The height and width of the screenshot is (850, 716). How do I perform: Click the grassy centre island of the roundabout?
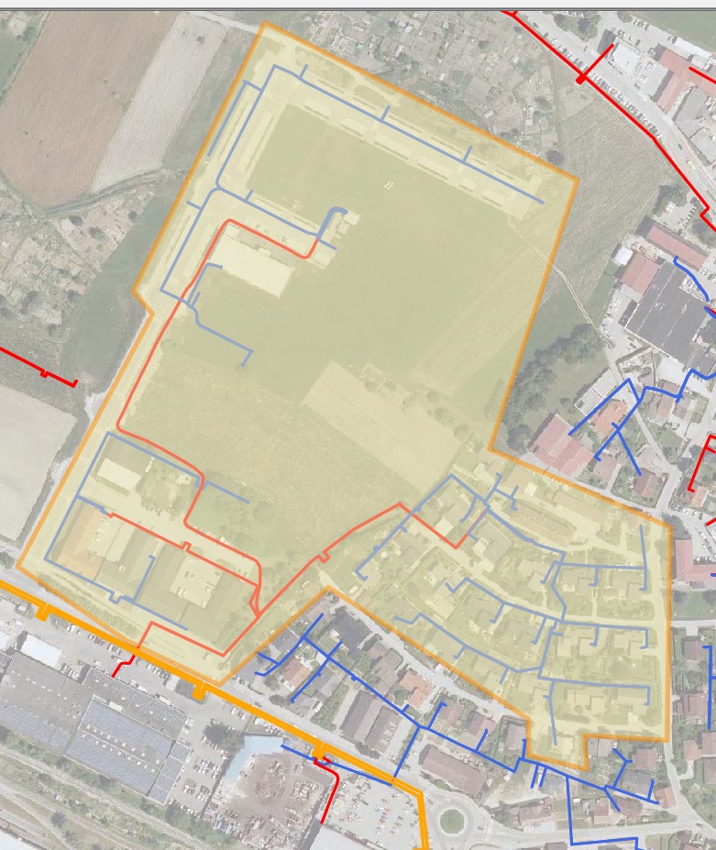pyautogui.click(x=451, y=821)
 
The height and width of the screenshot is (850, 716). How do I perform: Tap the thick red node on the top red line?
pyautogui.click(x=581, y=79)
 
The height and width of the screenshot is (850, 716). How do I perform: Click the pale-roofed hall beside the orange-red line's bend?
pyautogui.click(x=252, y=261)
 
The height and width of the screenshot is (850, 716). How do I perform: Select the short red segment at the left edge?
pyautogui.click(x=41, y=370)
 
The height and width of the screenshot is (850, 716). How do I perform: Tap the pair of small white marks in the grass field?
pyautogui.click(x=389, y=186)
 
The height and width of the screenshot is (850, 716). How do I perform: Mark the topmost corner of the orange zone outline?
pyautogui.click(x=265, y=22)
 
